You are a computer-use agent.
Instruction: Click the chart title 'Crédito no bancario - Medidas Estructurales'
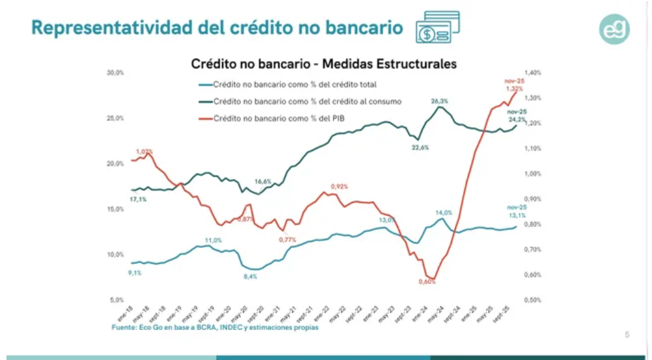tap(323, 64)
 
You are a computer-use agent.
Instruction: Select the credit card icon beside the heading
tap(438, 28)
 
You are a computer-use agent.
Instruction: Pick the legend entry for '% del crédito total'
tap(295, 84)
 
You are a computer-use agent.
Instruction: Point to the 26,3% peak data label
tap(439, 102)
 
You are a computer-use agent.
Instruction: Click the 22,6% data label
tap(420, 148)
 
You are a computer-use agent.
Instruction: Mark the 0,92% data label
tap(339, 186)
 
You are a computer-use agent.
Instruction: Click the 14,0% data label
tap(444, 213)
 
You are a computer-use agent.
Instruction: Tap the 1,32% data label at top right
tap(514, 88)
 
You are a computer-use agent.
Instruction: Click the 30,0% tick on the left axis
tap(115, 73)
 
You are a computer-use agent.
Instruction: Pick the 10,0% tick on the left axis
tap(115, 254)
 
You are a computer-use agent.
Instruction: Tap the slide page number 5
tap(627, 335)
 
